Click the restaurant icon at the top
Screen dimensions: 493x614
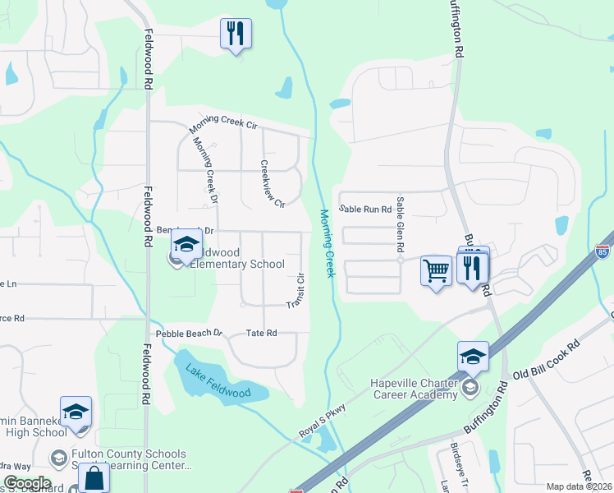point(236,34)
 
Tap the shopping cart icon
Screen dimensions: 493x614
point(436,270)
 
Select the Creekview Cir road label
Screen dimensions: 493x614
point(272,182)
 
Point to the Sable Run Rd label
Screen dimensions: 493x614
point(365,210)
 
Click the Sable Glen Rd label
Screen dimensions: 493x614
point(400,223)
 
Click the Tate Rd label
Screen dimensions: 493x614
point(262,334)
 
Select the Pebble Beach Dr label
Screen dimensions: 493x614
point(190,334)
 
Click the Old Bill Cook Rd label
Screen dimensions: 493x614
point(546,360)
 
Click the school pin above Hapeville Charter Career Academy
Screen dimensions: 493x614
point(473,357)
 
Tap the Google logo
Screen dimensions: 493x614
point(26,483)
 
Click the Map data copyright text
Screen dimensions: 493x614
point(579,486)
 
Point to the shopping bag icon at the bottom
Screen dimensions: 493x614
point(94,477)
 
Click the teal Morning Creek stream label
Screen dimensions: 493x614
point(326,242)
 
